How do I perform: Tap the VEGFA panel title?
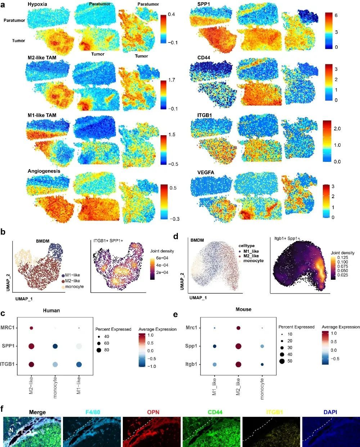tap(206, 173)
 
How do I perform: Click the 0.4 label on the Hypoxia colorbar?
tap(171, 14)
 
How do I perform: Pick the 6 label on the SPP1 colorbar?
tap(336, 16)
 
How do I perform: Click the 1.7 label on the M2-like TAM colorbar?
tap(171, 80)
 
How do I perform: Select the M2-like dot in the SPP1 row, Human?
tap(31, 346)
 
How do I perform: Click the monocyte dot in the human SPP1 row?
tap(55, 346)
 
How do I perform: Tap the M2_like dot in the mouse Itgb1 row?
tap(238, 364)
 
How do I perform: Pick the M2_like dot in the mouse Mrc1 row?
tap(238, 328)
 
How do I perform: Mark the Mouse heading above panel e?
tap(243, 309)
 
